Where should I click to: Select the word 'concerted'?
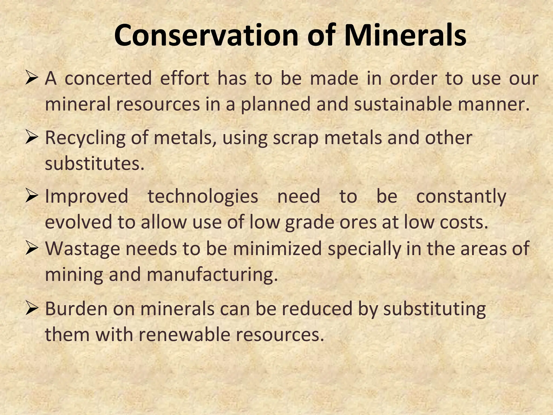tap(108, 79)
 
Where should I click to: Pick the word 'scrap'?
tap(296, 138)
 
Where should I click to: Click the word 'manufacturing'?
tap(212, 275)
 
